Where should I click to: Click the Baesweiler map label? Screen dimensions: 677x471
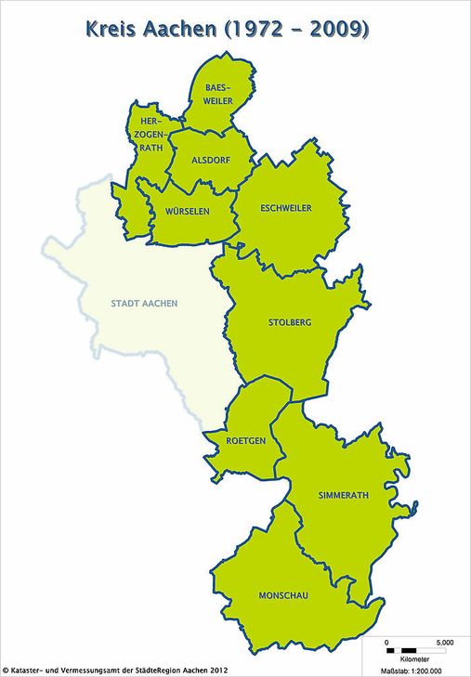tap(219, 94)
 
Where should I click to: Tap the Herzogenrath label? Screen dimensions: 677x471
tap(150, 133)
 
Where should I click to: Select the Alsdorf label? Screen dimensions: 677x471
tap(207, 160)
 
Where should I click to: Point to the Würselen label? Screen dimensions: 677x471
tap(187, 211)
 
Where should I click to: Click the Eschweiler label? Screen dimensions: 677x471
tap(286, 208)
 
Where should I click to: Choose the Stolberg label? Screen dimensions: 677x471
tap(289, 322)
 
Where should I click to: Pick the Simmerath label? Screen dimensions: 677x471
tap(343, 495)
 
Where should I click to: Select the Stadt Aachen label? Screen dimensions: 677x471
tap(144, 304)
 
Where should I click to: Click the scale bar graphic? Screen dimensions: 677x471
tap(410, 648)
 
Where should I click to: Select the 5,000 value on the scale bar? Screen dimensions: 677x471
tap(444, 641)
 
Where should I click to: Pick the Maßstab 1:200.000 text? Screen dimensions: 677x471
tap(412, 670)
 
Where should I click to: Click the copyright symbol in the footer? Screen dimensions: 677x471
tap(6, 669)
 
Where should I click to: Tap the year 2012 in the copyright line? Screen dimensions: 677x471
tap(217, 669)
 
